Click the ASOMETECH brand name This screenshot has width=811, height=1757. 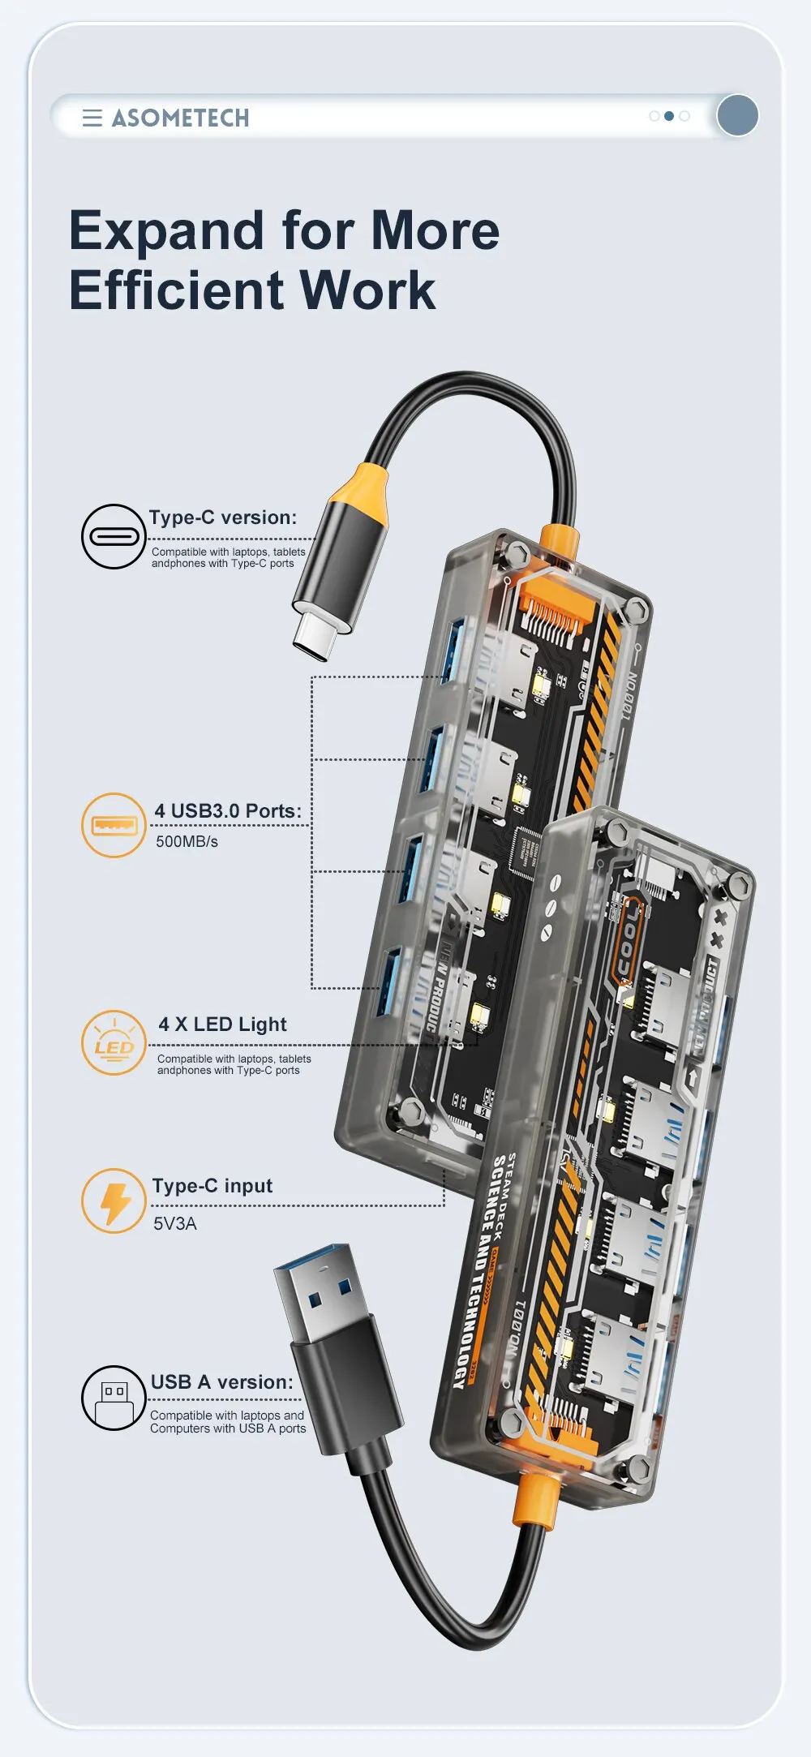tap(180, 118)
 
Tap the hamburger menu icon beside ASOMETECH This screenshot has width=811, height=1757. tap(92, 118)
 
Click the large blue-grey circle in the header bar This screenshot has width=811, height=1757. tap(737, 115)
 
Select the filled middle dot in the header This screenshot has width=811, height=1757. tap(669, 116)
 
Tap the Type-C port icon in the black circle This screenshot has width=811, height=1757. tap(114, 537)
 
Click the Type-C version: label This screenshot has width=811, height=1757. tap(223, 518)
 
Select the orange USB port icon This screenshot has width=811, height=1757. tap(114, 826)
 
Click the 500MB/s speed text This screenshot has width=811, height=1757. tap(187, 842)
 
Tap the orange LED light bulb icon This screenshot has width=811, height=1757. tap(114, 1043)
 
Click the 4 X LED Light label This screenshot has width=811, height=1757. tap(222, 1025)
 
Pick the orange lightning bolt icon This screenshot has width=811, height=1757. tap(114, 1201)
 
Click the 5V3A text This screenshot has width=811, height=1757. tap(175, 1223)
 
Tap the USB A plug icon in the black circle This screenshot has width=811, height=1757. tap(114, 1398)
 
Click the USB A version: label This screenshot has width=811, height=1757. tap(221, 1382)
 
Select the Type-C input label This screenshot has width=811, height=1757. tap(212, 1186)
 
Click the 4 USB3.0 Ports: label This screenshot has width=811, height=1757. tap(228, 811)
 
